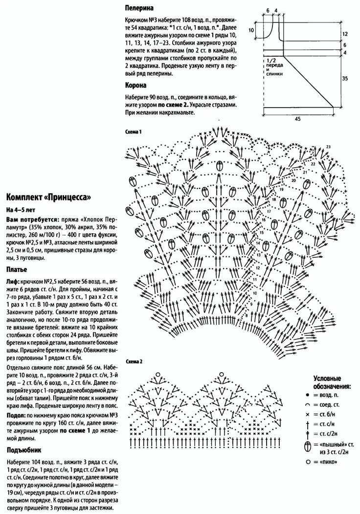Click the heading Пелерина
coord(139,8)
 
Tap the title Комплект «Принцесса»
coord(48,198)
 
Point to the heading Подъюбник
coord(24,450)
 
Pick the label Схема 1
coord(134,132)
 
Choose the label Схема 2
coord(134,361)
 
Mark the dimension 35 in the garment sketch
coord(345,78)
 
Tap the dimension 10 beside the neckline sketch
coord(251,30)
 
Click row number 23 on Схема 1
coord(328,147)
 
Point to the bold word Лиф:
coord(13,283)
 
